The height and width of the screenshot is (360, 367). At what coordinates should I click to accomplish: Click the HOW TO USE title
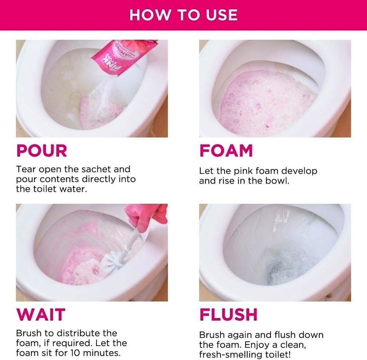183,15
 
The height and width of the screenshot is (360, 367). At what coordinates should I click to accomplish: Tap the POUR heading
42,150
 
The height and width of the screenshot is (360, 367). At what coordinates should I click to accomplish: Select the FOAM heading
226,150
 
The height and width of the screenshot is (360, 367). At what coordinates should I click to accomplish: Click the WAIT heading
41,314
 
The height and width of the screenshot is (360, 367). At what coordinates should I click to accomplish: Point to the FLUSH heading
228,314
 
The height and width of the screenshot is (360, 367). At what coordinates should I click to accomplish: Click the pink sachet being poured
124,57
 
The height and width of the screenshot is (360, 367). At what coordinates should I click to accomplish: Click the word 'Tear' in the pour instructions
26,169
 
